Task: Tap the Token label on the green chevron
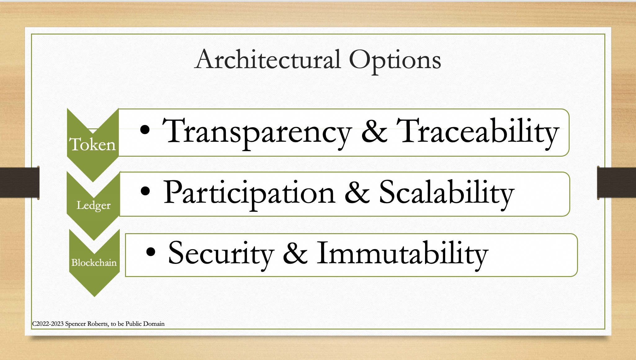coord(92,144)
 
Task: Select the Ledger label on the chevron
coord(93,205)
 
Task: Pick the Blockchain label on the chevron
coord(94,263)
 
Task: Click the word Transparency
coord(257,132)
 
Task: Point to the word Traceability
coord(478,132)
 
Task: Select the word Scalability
coord(446,193)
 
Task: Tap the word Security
coord(221,253)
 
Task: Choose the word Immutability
coord(402,253)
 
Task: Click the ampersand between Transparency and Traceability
coord(374,132)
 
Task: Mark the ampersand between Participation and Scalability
coord(357,193)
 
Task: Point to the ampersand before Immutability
coord(295,253)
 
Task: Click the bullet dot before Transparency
coord(145,129)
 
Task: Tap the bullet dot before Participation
coord(145,191)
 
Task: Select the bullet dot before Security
coord(150,252)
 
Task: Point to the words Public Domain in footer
coord(145,324)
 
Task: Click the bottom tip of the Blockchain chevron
coord(94,295)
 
